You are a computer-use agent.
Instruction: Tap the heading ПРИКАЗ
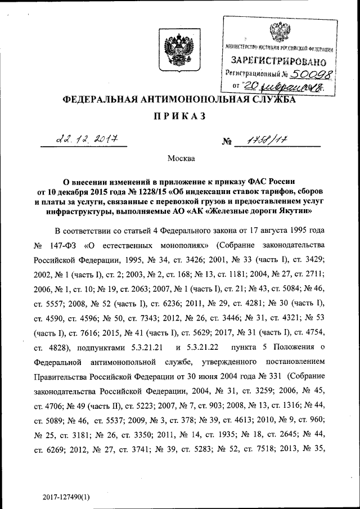point(179,116)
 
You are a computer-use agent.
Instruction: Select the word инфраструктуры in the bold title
point(84,211)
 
